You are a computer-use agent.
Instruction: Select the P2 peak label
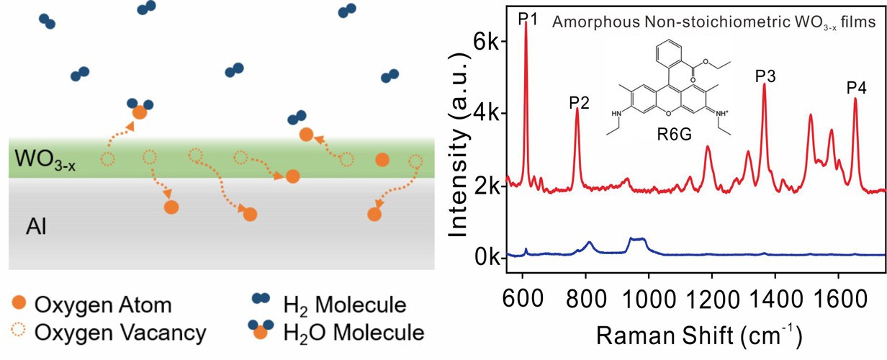pyautogui.click(x=579, y=102)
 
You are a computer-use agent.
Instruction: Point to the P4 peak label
pyautogui.click(x=856, y=89)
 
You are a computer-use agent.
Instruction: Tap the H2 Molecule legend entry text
pyautogui.click(x=347, y=305)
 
